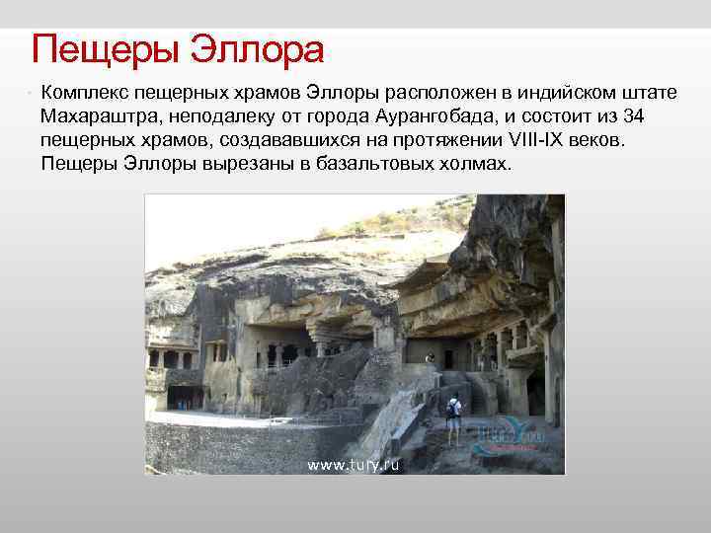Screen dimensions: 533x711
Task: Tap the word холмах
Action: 476,163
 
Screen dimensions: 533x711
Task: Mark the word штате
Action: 647,92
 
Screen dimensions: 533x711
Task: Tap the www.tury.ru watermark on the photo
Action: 354,464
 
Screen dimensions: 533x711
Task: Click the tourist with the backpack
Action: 453,419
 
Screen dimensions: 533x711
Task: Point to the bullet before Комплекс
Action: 31,92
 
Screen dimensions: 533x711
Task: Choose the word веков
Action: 600,139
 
